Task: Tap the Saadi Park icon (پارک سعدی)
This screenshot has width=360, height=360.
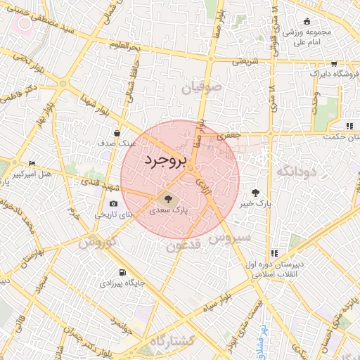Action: pos(167,199)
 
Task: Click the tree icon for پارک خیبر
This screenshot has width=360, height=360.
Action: pos(255,192)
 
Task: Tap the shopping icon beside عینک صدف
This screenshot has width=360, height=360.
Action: pos(117,132)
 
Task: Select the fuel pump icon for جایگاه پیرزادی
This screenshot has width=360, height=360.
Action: pos(123,272)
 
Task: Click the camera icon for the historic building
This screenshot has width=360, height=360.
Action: pos(113,203)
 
